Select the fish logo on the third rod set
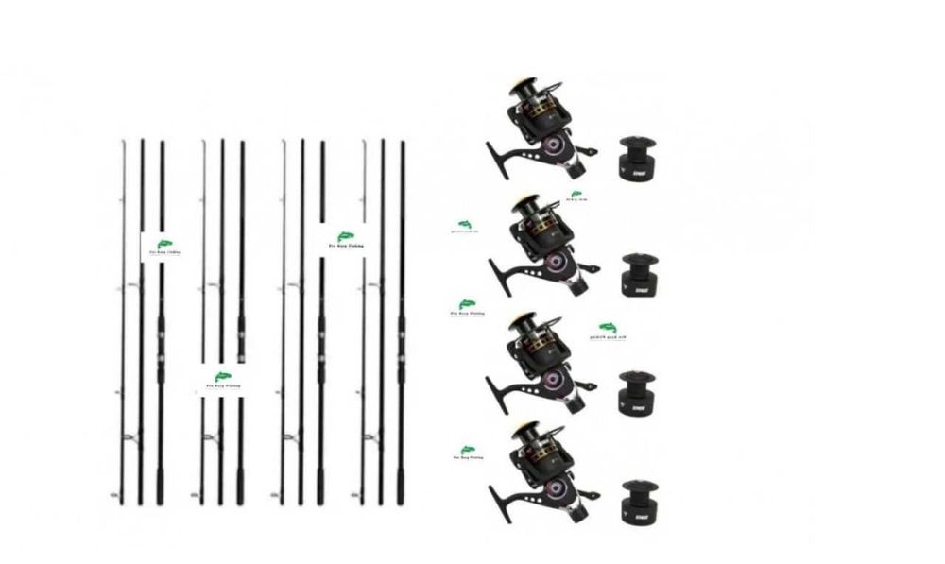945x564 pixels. [348, 238]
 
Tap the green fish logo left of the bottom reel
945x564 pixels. [467, 452]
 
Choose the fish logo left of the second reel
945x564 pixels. [466, 225]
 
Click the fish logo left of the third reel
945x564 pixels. [465, 307]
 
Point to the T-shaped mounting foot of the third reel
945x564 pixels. [495, 383]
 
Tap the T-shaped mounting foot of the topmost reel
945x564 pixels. [495, 151]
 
